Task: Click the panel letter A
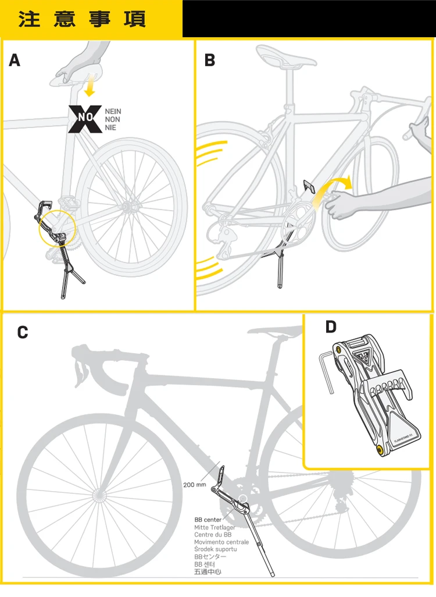[15, 60]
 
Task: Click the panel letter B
[210, 60]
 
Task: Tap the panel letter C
[23, 332]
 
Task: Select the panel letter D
[331, 327]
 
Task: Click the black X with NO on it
[85, 119]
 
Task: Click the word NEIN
[113, 111]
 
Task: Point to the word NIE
[110, 127]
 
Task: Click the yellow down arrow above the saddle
[89, 87]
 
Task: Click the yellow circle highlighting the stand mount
[58, 229]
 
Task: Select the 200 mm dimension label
[195, 484]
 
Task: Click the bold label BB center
[208, 520]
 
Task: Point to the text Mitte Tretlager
[215, 527]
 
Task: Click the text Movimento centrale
[221, 542]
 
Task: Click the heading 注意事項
[82, 19]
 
